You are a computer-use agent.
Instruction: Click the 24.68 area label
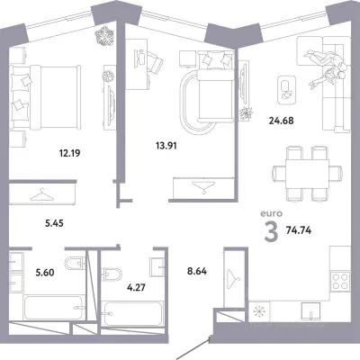[x=281, y=121]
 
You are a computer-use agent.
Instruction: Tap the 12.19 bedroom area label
[x=69, y=154]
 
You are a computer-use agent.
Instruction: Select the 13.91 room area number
[x=166, y=146]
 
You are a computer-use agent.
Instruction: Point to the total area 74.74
[x=299, y=230]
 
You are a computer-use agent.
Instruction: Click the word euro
[x=271, y=213]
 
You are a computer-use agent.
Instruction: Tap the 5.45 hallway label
[x=54, y=223]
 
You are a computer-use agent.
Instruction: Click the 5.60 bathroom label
[x=45, y=273]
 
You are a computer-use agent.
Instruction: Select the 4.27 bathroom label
[x=136, y=288]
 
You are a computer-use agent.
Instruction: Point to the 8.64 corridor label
[x=197, y=272]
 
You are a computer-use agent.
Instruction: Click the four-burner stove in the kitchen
[x=340, y=281]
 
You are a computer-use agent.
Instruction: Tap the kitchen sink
[x=310, y=311]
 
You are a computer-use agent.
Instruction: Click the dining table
[x=307, y=174]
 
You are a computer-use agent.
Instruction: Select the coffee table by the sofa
[x=287, y=90]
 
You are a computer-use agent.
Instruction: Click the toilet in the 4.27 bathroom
[x=112, y=274]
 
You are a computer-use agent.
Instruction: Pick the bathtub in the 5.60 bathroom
[x=54, y=308]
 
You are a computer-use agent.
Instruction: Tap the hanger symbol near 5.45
[x=42, y=195]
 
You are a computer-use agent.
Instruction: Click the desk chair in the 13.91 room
[x=155, y=64]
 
